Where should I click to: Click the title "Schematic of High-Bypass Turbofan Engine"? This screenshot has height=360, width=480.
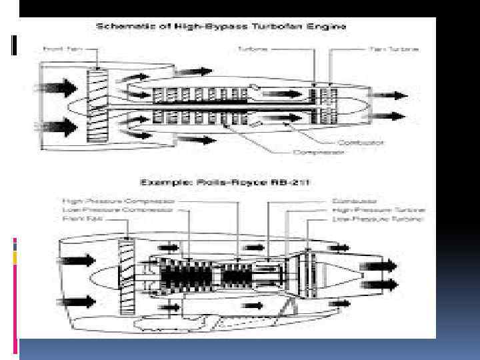point(221,27)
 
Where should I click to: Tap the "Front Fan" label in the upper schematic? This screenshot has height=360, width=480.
point(58,49)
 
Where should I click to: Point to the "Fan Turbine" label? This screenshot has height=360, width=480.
point(394,49)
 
